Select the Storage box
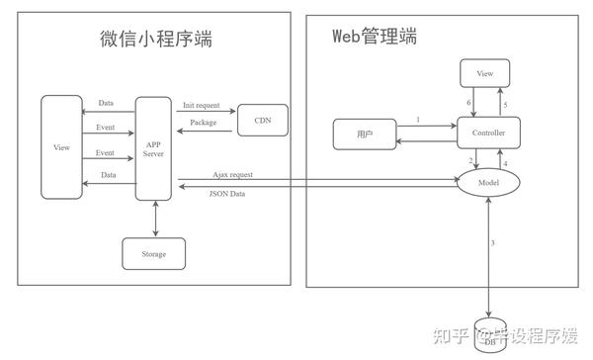tap(153, 254)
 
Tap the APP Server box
tap(153, 148)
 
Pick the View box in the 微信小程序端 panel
tap(61, 147)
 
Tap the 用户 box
tap(365, 134)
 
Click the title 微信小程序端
tap(155, 39)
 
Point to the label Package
tap(205, 124)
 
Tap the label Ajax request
tap(232, 174)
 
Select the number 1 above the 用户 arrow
tap(418, 120)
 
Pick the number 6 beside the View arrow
tap(470, 103)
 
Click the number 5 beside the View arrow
tap(505, 103)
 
